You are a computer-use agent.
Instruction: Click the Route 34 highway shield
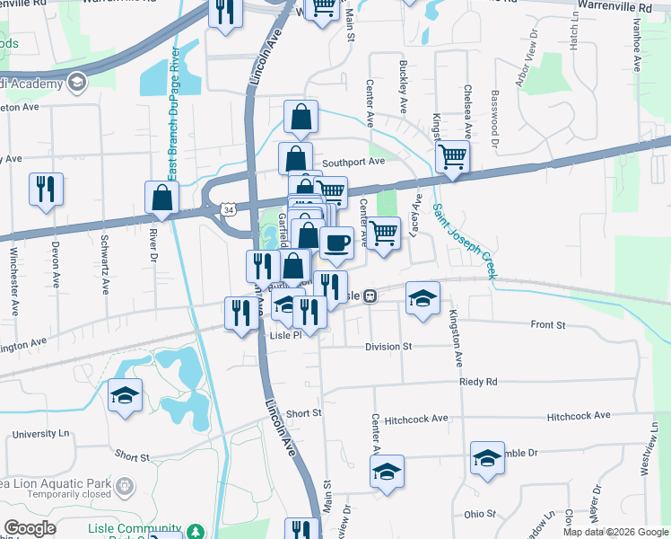pyautogui.click(x=230, y=209)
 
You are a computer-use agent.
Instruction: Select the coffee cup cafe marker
pyautogui.click(x=336, y=243)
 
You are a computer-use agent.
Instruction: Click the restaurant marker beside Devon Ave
pyautogui.click(x=46, y=189)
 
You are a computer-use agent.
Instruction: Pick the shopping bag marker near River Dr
pyautogui.click(x=161, y=198)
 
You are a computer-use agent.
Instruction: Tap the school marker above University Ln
pyautogui.click(x=125, y=394)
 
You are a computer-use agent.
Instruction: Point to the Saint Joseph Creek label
pyautogui.click(x=464, y=240)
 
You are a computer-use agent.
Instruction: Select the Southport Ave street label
pyautogui.click(x=353, y=162)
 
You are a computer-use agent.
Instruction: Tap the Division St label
pyautogui.click(x=388, y=346)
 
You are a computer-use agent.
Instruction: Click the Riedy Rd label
pyautogui.click(x=477, y=382)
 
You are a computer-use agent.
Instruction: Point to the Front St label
pyautogui.click(x=548, y=324)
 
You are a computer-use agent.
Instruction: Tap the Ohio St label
pyautogui.click(x=480, y=515)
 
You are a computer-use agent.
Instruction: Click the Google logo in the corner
pyautogui.click(x=30, y=528)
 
